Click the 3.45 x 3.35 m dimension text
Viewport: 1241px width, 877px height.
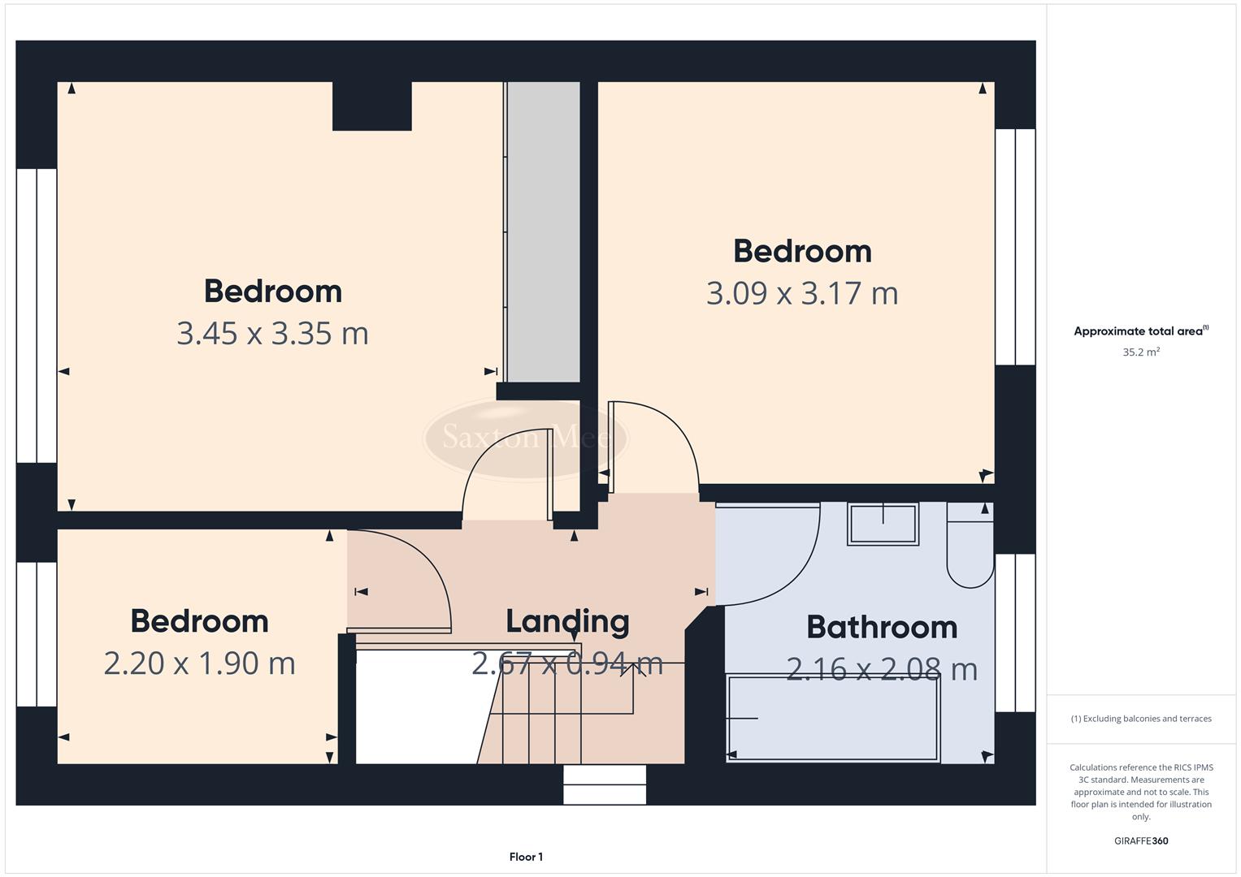[272, 334]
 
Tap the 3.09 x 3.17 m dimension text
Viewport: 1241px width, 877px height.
[802, 293]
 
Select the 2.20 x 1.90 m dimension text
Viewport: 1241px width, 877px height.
[199, 663]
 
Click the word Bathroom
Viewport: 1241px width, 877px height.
[882, 628]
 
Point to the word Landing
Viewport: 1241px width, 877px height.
[567, 621]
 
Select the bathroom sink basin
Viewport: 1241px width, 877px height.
[883, 524]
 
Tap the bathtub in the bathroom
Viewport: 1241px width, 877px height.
[832, 719]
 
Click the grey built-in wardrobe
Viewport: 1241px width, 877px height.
[543, 231]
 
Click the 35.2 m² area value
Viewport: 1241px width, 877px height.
[1141, 352]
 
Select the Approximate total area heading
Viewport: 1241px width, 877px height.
[1141, 331]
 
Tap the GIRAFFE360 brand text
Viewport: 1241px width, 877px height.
[1141, 841]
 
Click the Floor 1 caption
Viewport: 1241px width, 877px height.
[526, 857]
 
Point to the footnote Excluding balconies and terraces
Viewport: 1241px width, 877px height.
[1141, 719]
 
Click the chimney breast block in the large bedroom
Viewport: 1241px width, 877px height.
[371, 106]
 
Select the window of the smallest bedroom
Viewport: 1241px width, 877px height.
[37, 633]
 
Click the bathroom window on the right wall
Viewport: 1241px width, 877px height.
[1015, 633]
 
